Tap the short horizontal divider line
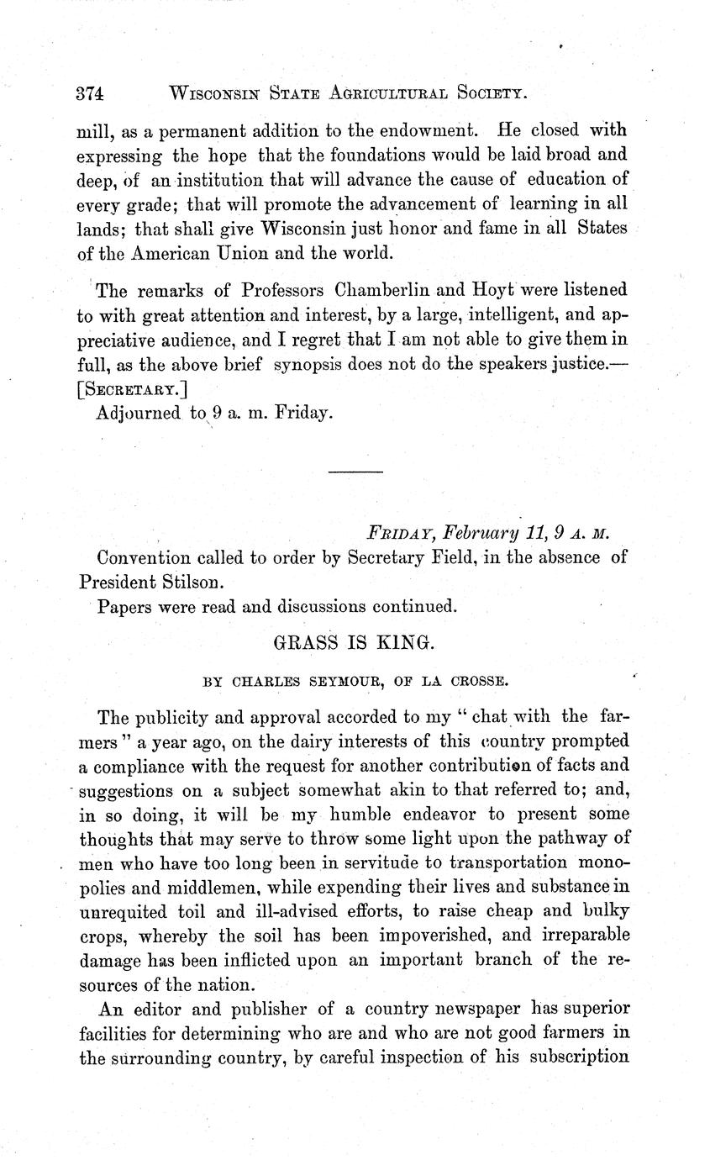355,472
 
